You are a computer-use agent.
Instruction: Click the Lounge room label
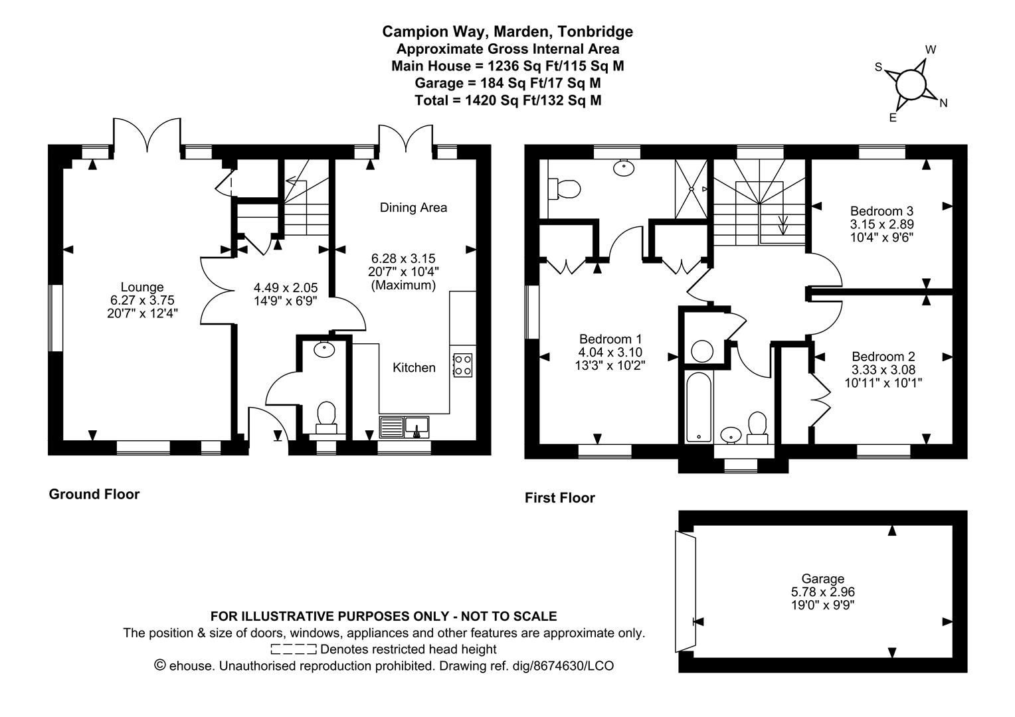(x=142, y=287)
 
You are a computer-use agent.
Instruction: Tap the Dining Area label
(x=413, y=207)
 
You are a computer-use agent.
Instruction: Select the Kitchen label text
(x=414, y=367)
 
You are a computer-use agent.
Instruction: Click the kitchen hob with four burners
(x=462, y=365)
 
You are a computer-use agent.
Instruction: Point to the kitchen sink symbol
(x=404, y=427)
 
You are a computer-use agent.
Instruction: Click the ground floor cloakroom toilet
(x=326, y=417)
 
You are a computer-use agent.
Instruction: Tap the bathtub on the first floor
(x=698, y=407)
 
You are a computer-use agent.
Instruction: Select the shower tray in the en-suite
(x=691, y=189)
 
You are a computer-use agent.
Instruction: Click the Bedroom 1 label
(x=611, y=339)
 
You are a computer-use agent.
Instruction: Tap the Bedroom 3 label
(x=881, y=211)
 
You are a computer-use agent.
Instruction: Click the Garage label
(x=823, y=579)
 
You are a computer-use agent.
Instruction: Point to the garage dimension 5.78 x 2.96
(x=823, y=592)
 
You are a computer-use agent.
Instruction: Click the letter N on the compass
(x=943, y=104)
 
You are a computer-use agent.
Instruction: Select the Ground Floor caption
(x=94, y=494)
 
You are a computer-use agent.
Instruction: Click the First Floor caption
(x=559, y=498)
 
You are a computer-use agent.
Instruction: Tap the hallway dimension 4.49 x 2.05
(x=286, y=287)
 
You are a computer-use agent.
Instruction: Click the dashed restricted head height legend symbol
(x=294, y=649)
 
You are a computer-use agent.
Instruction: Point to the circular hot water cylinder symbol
(x=702, y=351)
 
